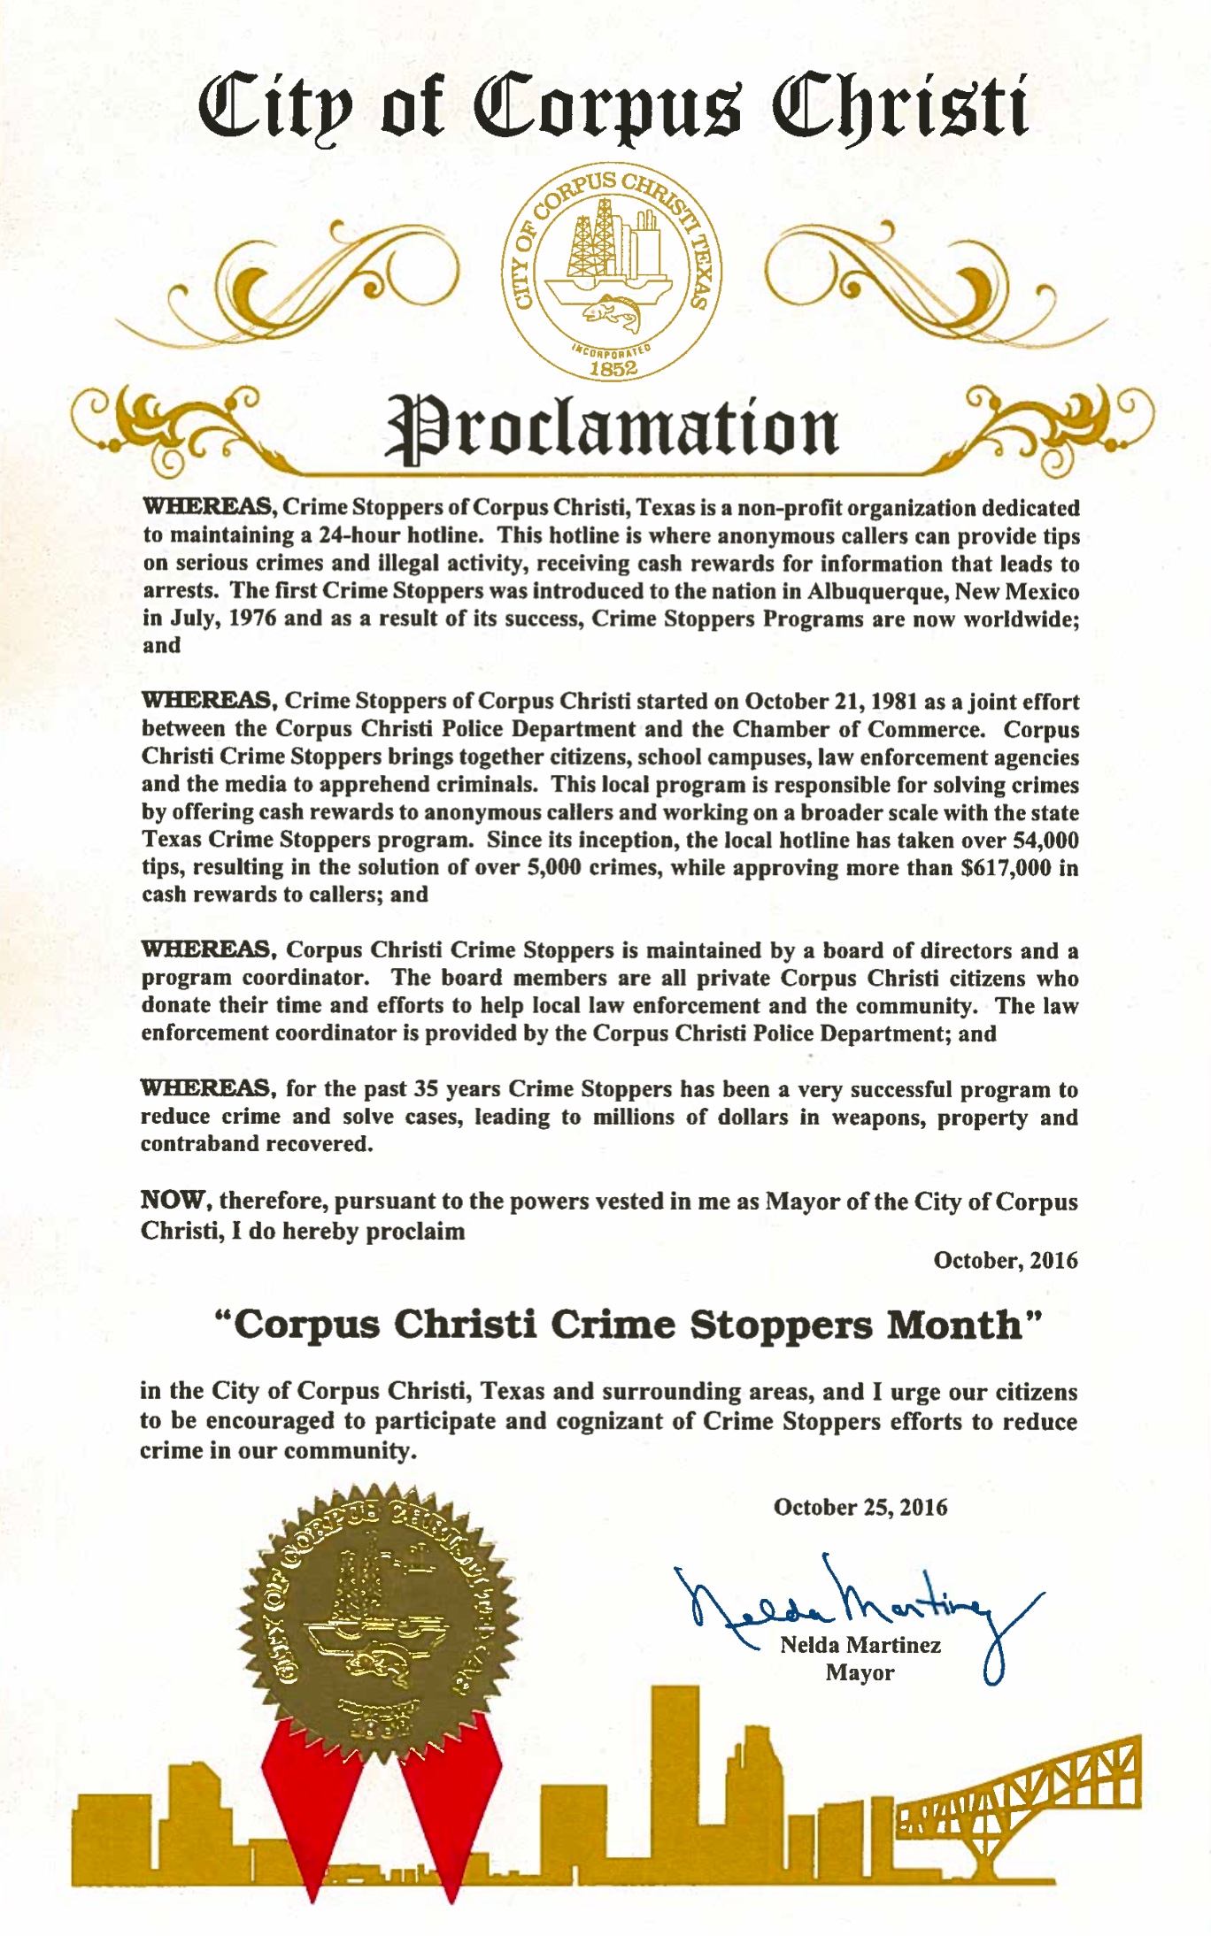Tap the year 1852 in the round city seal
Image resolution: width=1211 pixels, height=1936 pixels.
[613, 368]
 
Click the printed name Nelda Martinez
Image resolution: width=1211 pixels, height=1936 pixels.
[860, 1645]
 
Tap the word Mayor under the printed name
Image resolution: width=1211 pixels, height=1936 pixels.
[860, 1672]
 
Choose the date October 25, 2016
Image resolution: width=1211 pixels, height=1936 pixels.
[860, 1507]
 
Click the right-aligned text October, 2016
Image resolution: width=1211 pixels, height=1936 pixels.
[1005, 1260]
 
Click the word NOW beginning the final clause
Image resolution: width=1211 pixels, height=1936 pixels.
[174, 1201]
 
